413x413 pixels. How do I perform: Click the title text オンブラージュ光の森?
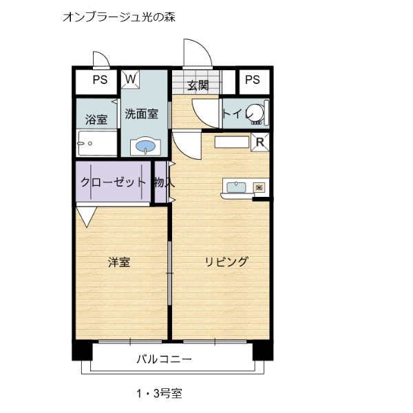(119, 17)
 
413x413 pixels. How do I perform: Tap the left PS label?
(100, 80)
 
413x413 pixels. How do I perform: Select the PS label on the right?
(253, 79)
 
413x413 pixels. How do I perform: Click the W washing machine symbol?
(130, 79)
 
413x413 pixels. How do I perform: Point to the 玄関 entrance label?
(198, 85)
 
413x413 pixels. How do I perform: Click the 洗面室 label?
(141, 114)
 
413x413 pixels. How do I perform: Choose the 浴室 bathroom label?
(96, 119)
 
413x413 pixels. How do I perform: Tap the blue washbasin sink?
(145, 146)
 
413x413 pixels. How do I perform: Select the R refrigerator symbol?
(260, 142)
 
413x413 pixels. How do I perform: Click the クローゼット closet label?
(113, 182)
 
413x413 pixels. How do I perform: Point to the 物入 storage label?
(165, 182)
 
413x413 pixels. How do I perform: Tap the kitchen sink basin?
(237, 187)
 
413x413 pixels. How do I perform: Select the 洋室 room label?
(119, 262)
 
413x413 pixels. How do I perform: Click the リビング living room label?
(226, 262)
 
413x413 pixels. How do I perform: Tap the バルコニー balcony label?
(164, 359)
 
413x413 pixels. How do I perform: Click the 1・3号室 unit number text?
(159, 394)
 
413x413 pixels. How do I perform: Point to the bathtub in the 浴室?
(97, 142)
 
